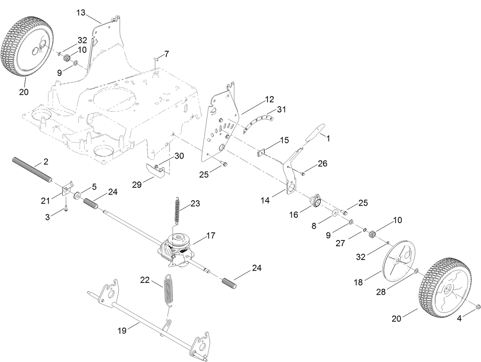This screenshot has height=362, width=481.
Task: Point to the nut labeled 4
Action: (478, 307)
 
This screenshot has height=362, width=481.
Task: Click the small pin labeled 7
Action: (157, 58)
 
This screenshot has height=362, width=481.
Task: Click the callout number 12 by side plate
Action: (269, 100)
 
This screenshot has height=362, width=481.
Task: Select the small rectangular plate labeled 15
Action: (261, 152)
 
